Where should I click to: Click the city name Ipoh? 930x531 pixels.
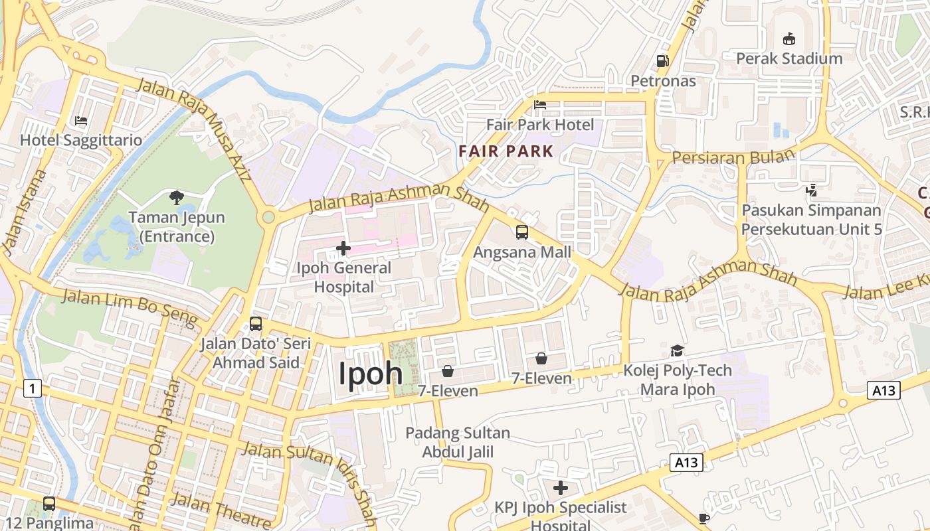[371, 374]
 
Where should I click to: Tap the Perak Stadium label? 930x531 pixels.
[789, 58]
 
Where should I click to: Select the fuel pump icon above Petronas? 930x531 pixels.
[662, 61]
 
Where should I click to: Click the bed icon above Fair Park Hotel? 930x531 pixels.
[540, 105]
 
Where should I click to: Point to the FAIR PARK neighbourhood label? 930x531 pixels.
[506, 151]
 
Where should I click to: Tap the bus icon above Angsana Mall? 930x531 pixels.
[522, 232]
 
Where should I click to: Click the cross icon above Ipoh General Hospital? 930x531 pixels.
[343, 248]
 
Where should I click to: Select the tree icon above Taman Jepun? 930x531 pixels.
[177, 197]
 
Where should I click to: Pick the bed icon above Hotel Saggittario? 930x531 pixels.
[81, 121]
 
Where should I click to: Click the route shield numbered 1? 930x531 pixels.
[32, 388]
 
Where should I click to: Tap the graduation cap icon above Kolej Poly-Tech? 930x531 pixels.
[677, 350]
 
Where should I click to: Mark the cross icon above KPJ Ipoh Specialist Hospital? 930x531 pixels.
[561, 488]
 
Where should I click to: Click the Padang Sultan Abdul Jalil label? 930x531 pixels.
[458, 443]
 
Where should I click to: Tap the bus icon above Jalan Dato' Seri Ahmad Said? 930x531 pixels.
[256, 324]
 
